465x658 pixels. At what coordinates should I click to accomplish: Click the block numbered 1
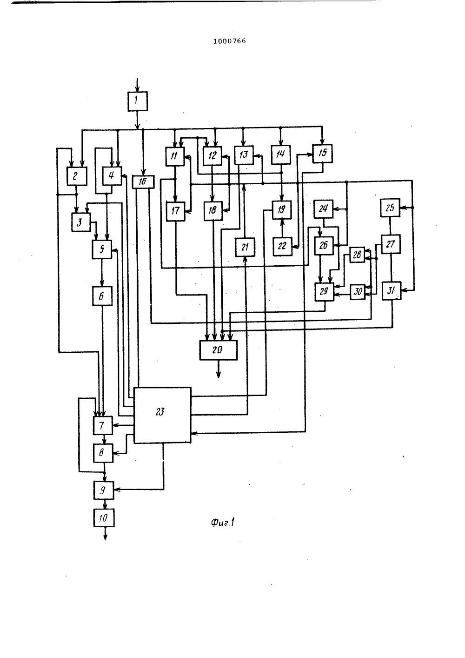click(x=137, y=101)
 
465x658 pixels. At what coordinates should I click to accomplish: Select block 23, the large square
click(x=162, y=415)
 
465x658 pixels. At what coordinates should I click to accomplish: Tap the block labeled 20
click(x=218, y=350)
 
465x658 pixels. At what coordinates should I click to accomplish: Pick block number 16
click(x=143, y=182)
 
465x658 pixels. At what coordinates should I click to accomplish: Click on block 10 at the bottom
click(x=104, y=518)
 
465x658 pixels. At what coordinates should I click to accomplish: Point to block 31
click(x=392, y=291)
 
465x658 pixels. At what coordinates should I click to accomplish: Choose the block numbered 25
click(x=390, y=208)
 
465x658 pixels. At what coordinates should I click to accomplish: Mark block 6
click(x=102, y=296)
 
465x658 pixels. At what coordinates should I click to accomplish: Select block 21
click(x=245, y=247)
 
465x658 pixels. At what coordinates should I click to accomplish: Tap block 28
click(x=357, y=255)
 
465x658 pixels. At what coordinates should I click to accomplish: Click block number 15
click(x=322, y=154)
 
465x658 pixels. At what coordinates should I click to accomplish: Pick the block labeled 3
click(x=81, y=222)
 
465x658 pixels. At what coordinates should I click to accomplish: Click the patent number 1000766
click(x=230, y=41)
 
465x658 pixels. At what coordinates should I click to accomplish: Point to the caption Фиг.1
click(x=222, y=523)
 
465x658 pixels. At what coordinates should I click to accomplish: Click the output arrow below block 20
click(x=219, y=369)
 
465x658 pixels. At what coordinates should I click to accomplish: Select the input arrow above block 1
click(x=137, y=85)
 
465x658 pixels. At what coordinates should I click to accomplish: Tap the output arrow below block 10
click(x=106, y=533)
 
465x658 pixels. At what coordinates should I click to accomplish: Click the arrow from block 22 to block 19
click(x=282, y=228)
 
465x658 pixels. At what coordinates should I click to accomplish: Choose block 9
click(x=104, y=490)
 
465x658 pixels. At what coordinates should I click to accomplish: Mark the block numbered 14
click(x=281, y=154)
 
